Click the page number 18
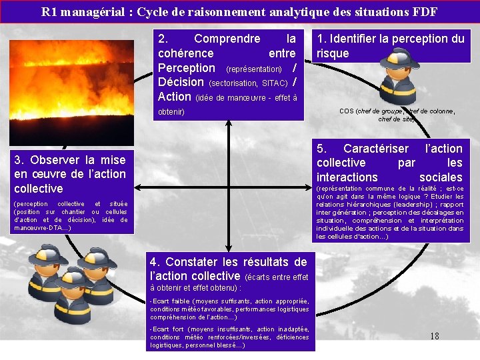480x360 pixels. point(434,336)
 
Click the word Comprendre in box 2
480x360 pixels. point(227,39)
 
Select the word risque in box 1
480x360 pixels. point(333,53)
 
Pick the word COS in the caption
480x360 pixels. point(346,111)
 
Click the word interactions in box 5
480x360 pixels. point(347,177)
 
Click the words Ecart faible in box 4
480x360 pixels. point(166,301)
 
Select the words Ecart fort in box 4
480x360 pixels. point(165,329)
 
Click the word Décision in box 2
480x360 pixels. point(181,82)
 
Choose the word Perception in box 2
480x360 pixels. point(187,68)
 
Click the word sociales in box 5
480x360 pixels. point(441,177)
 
